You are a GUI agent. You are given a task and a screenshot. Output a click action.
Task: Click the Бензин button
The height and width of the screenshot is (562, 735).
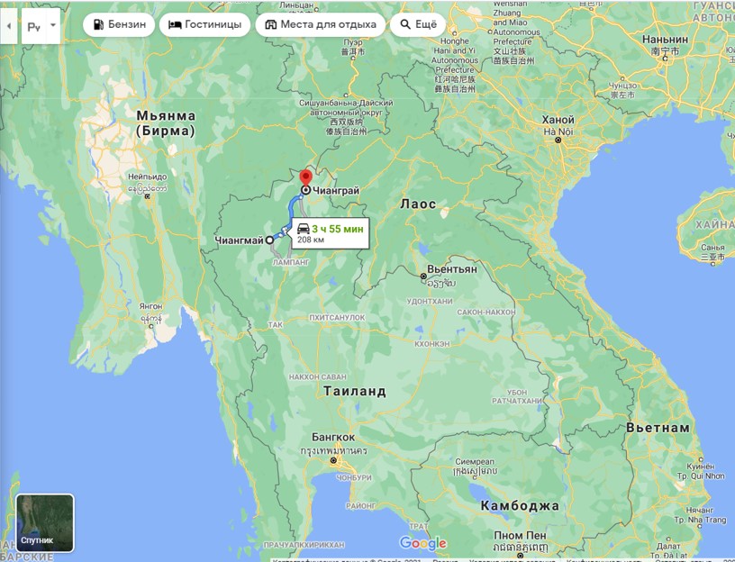(x=119, y=24)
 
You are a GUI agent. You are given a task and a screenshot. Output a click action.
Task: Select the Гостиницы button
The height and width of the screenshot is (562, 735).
(x=204, y=24)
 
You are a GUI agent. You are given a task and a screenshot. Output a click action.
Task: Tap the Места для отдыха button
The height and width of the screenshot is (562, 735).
(x=320, y=24)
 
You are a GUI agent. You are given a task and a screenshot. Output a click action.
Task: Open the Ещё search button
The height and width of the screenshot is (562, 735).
(x=417, y=24)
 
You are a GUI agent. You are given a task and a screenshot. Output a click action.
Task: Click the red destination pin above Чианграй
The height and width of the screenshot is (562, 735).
(x=305, y=177)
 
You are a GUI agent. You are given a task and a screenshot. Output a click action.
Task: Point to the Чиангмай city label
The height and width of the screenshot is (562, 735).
(x=240, y=240)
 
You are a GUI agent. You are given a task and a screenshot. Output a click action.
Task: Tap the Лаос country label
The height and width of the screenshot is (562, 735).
(x=418, y=204)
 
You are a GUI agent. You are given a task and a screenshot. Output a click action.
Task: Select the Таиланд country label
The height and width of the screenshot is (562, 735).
(x=354, y=391)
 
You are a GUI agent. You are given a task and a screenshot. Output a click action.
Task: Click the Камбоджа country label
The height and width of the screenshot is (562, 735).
(x=519, y=505)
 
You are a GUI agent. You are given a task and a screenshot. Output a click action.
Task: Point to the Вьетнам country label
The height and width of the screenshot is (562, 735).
(x=658, y=427)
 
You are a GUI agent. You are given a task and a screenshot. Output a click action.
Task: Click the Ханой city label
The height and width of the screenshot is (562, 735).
(x=558, y=121)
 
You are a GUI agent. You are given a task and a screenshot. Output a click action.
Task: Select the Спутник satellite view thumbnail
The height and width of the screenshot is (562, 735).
(x=45, y=522)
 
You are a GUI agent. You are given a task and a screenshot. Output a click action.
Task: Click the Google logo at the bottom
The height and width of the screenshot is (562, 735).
(x=422, y=543)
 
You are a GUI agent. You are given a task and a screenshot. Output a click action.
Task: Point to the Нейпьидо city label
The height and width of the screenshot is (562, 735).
(x=147, y=177)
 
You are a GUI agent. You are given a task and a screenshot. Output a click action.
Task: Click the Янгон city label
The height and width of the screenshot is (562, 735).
(x=151, y=306)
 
